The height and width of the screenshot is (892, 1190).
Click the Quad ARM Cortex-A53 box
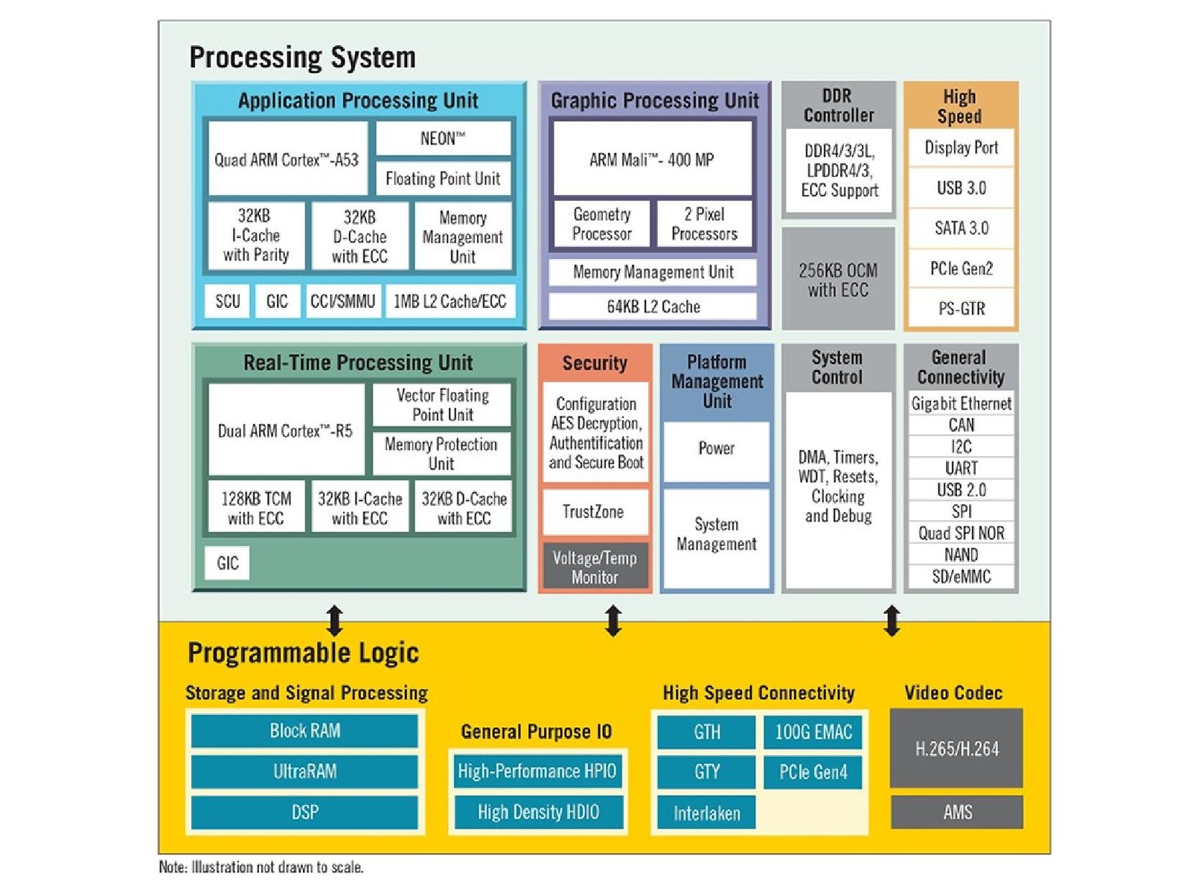click(287, 159)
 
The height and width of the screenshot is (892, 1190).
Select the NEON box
click(443, 138)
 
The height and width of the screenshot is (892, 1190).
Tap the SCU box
click(227, 301)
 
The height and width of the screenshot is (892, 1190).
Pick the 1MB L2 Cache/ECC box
click(450, 301)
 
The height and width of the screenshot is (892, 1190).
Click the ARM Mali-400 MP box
click(652, 159)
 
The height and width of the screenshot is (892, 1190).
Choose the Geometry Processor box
click(601, 224)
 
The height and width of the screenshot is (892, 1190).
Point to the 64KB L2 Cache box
click(653, 307)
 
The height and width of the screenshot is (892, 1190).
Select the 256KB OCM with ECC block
click(838, 280)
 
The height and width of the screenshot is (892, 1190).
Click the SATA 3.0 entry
click(961, 228)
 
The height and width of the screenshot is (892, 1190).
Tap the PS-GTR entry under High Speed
click(961, 308)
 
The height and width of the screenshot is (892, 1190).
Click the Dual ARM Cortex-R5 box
click(286, 430)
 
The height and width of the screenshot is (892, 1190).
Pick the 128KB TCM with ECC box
click(256, 508)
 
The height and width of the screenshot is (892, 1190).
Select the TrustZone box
click(594, 512)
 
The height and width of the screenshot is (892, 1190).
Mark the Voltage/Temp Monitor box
click(595, 567)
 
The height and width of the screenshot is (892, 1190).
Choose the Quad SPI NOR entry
click(961, 533)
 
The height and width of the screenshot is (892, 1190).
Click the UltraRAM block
click(304, 771)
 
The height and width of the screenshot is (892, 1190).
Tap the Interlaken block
click(706, 813)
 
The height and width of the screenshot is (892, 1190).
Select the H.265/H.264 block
click(956, 748)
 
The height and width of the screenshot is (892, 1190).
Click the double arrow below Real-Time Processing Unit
click(335, 620)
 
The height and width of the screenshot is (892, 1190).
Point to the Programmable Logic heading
click(303, 652)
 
